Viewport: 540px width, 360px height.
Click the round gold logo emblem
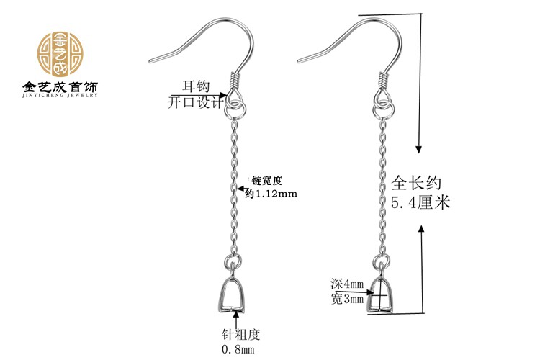tap(60, 55)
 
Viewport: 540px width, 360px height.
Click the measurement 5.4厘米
tap(420, 202)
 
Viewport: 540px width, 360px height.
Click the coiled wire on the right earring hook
tap(382, 81)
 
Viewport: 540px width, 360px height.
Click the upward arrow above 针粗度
tap(237, 317)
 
